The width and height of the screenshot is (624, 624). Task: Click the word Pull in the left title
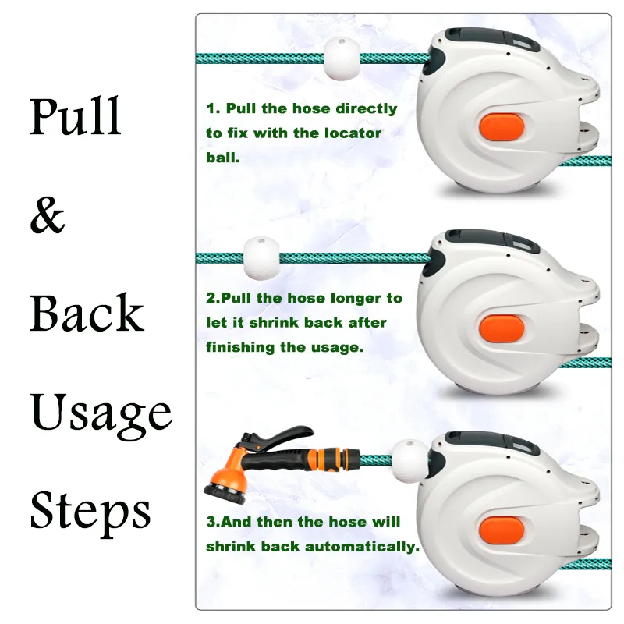[76, 117]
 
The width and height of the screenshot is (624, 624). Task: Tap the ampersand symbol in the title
[48, 216]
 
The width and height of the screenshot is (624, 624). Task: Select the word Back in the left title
[87, 314]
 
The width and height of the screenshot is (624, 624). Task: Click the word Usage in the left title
[101, 413]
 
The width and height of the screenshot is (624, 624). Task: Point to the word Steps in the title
[90, 512]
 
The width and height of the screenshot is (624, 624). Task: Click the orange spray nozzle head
[225, 478]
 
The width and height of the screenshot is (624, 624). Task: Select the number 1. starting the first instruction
[211, 109]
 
